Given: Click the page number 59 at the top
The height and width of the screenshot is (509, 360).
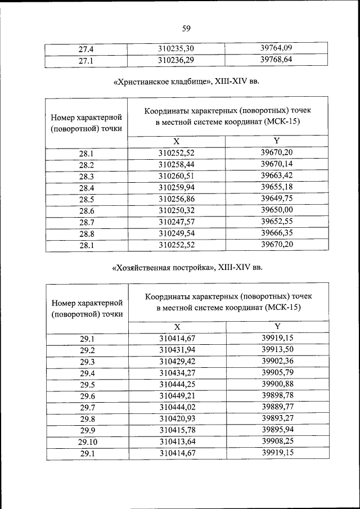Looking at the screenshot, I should click(186, 29).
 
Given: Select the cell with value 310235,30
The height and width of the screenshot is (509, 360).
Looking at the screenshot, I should click(176, 48).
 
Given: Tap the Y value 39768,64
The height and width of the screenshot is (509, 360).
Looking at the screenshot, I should click(277, 58).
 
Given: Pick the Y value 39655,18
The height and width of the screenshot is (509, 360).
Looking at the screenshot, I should click(277, 186).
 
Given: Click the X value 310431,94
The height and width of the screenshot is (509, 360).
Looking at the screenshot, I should click(177, 350).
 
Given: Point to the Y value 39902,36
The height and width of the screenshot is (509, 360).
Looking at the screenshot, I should click(278, 361).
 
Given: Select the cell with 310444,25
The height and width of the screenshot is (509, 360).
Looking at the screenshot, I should click(177, 384).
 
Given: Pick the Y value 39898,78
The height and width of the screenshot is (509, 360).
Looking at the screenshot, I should click(278, 395).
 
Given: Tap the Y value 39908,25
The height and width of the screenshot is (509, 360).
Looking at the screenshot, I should click(278, 441).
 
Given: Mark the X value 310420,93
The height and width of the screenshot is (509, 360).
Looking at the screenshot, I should click(177, 418).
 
